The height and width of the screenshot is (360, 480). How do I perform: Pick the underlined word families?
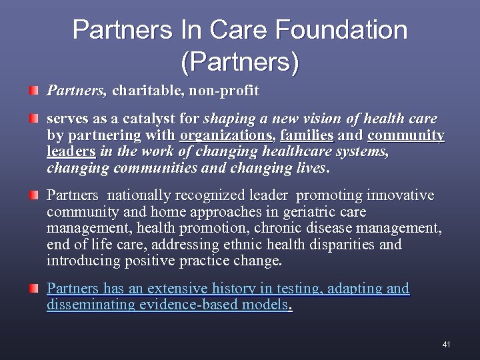(x=307, y=136)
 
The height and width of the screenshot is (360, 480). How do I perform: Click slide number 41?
(x=446, y=345)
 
